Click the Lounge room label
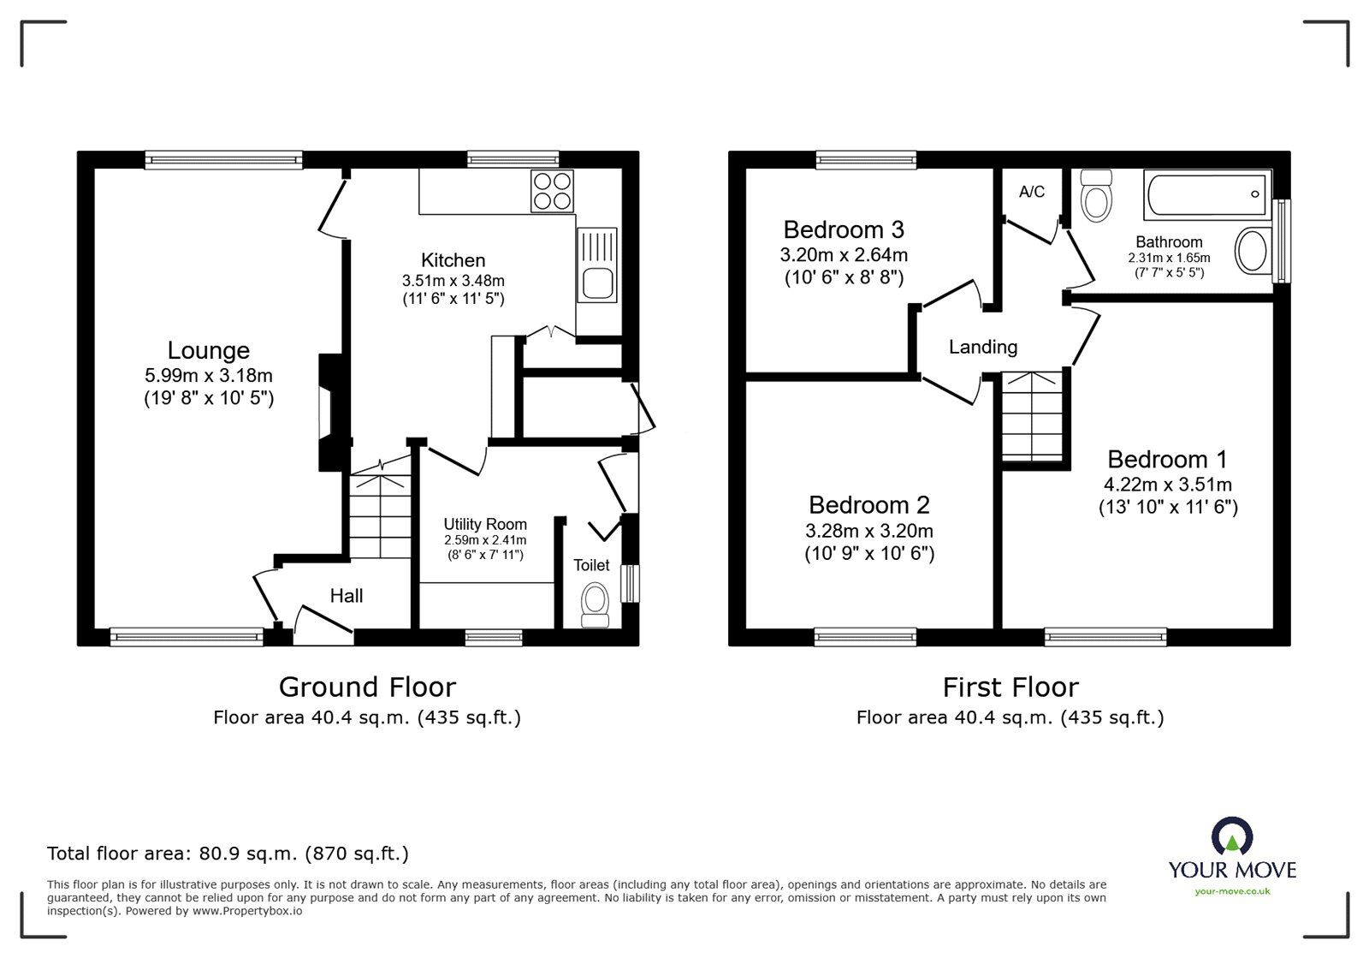(208, 350)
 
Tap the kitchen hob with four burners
(552, 191)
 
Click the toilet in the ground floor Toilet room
(595, 605)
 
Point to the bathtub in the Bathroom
(1206, 195)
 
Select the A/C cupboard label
(1032, 192)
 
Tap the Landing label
(982, 347)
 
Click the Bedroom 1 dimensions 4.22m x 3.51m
(1168, 485)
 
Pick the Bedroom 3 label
(844, 229)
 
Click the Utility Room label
(485, 524)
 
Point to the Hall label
(347, 596)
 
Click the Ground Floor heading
(367, 687)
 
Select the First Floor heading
(1010, 687)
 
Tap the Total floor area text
(228, 854)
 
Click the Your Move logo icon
(1232, 836)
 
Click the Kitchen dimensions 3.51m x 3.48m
(453, 280)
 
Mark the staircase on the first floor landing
(1035, 416)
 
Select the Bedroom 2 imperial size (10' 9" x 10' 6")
(869, 554)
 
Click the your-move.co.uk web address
(1232, 891)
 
